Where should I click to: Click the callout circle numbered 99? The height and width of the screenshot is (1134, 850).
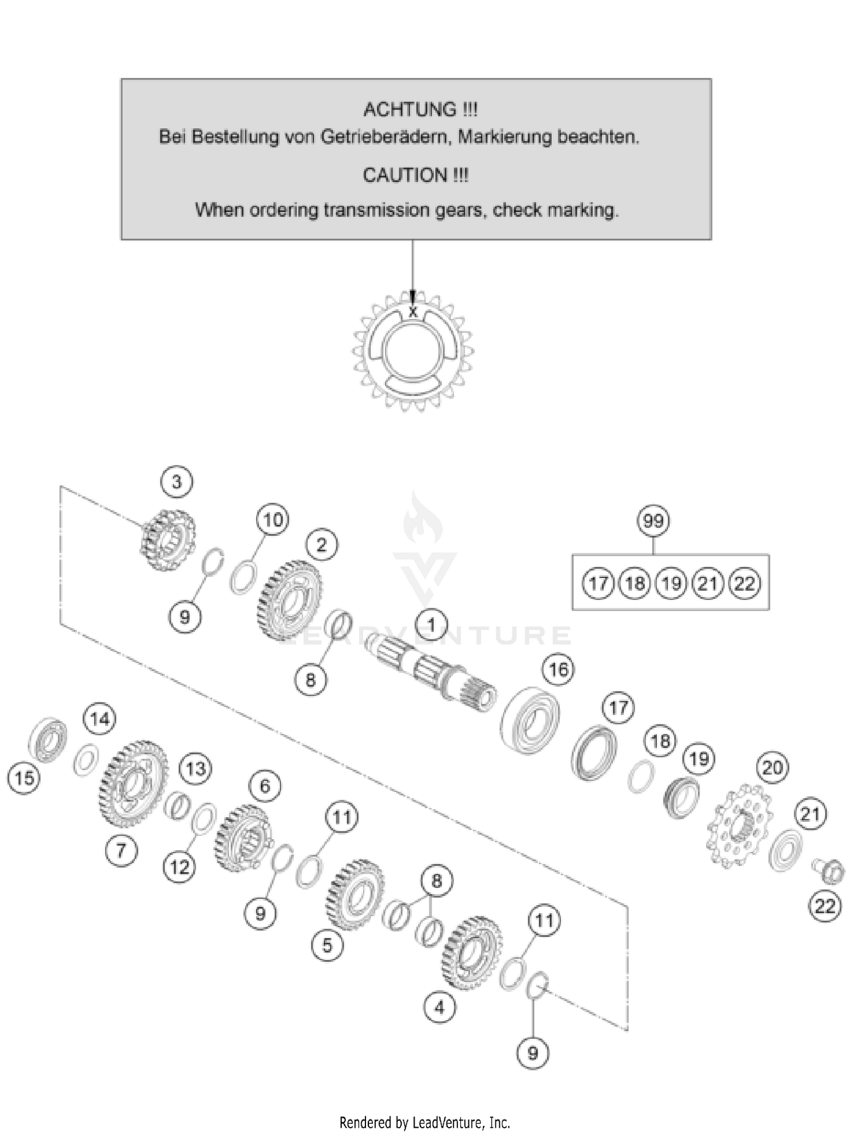click(653, 520)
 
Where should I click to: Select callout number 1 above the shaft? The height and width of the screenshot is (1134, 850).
click(431, 625)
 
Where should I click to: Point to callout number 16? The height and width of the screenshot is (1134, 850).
click(558, 670)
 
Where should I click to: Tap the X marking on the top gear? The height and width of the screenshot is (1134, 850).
click(413, 311)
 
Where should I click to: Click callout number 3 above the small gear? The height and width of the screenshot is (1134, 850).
click(177, 482)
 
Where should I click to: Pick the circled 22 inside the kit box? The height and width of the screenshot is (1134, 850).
click(744, 583)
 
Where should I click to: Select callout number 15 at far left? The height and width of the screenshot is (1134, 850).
click(24, 778)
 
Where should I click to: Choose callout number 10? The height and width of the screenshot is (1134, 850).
click(273, 519)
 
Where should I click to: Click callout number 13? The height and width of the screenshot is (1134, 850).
click(195, 769)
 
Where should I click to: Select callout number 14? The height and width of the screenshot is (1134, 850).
click(100, 719)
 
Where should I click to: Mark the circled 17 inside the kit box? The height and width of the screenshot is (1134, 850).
click(598, 583)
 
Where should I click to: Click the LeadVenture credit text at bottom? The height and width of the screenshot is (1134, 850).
click(424, 1122)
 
